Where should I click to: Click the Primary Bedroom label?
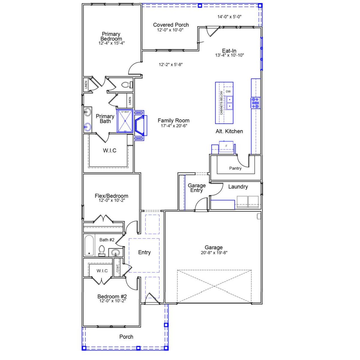point(111,37)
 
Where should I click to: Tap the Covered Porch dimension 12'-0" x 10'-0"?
point(170,30)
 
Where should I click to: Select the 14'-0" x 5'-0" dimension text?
point(229,17)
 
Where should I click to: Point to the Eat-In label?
point(229,51)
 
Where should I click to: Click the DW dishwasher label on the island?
point(228,92)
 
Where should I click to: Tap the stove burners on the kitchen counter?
point(256,103)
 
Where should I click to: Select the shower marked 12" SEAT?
point(125,121)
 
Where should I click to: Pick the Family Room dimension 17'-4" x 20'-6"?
point(174,126)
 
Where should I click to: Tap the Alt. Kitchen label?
point(229,131)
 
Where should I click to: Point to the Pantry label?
point(235,168)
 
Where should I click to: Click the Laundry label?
point(238,187)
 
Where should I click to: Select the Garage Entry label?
point(197,188)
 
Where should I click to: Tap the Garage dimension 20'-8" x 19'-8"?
point(214,253)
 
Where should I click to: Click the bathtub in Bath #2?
point(89,245)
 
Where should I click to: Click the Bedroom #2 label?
point(112,296)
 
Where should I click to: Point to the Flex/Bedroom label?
point(111,196)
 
